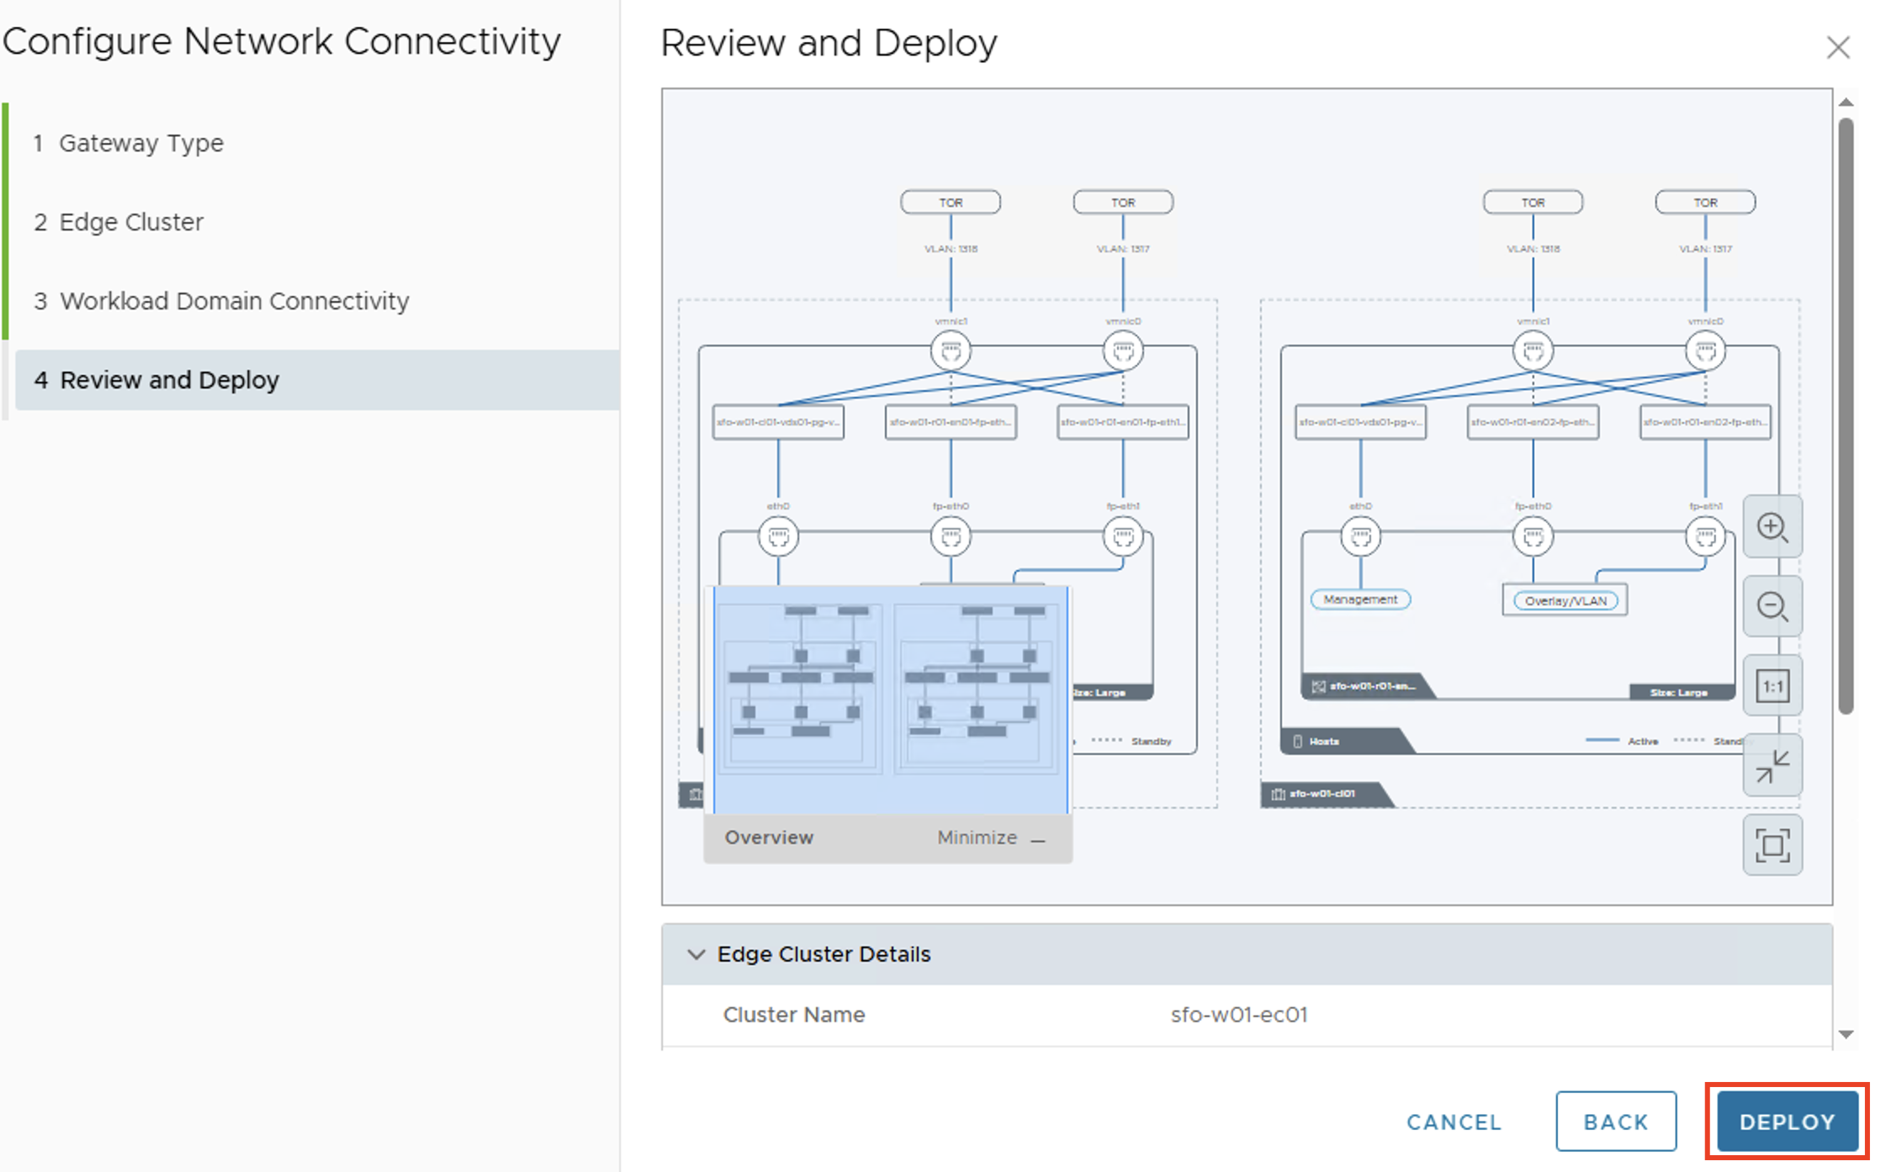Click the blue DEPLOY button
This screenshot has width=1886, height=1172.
(x=1786, y=1122)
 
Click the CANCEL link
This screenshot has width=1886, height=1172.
(x=1454, y=1122)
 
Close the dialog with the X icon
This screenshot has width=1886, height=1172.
(x=1838, y=47)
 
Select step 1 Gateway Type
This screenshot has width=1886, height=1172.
(x=140, y=143)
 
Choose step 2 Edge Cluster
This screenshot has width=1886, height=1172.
(x=130, y=222)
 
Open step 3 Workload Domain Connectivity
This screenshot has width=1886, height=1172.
(x=234, y=301)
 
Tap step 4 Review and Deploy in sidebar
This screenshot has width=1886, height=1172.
(x=169, y=380)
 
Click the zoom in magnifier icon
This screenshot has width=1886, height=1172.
(x=1772, y=527)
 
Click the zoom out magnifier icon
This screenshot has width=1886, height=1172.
(x=1772, y=606)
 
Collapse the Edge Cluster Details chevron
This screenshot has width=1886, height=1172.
(x=696, y=954)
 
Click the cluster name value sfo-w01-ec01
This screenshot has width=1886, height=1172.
(x=1238, y=1015)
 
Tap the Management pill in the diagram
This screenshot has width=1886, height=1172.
(x=1359, y=599)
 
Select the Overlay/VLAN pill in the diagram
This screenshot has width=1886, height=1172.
(x=1565, y=600)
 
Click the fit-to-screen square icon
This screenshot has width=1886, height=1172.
(x=1772, y=845)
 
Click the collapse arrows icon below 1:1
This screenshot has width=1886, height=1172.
(x=1772, y=766)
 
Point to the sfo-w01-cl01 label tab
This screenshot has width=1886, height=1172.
(x=1321, y=794)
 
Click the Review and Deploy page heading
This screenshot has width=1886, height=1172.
(x=829, y=43)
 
